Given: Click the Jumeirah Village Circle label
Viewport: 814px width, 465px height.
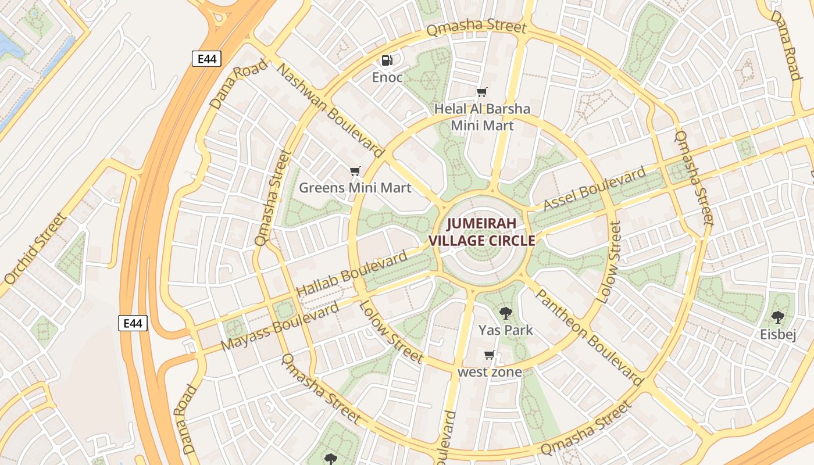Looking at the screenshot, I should click(x=481, y=232).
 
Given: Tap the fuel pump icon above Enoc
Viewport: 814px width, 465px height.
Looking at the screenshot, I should click(x=387, y=60).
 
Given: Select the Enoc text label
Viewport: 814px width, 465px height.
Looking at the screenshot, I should click(x=387, y=77).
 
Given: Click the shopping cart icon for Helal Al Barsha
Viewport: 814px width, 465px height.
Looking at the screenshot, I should click(x=481, y=92).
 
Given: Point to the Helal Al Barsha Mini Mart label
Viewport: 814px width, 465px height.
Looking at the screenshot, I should click(x=482, y=117).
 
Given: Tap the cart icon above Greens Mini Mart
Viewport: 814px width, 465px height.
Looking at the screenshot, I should click(x=355, y=171).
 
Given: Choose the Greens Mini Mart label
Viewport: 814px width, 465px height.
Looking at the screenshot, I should click(x=355, y=188).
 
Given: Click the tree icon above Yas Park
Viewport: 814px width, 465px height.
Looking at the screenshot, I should click(x=506, y=313).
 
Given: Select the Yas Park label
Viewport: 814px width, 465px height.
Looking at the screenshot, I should click(x=505, y=330).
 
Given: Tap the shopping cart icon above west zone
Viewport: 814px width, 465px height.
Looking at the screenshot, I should click(x=490, y=355).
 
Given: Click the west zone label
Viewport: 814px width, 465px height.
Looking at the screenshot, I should click(x=490, y=372).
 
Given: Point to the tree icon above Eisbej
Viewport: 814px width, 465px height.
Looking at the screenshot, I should click(x=777, y=317).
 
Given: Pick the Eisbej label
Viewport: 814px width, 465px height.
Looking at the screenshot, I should click(x=778, y=334).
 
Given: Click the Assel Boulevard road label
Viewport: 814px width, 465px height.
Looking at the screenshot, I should click(x=594, y=189).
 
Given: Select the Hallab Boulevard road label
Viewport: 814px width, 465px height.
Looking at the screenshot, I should click(x=352, y=274).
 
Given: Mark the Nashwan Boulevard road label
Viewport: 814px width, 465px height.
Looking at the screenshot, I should click(x=330, y=110).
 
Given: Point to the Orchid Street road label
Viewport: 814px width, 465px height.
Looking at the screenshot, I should click(x=35, y=248).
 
